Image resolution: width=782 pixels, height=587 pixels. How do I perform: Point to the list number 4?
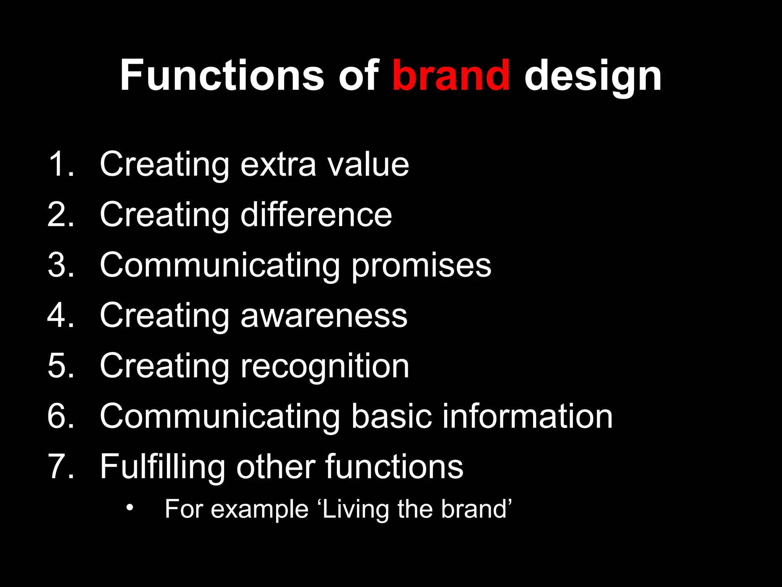(60, 315)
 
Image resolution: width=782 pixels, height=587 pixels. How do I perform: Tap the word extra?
(278, 165)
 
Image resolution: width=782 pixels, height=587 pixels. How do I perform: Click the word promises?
(421, 266)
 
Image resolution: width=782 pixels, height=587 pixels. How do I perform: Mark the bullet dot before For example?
(130, 508)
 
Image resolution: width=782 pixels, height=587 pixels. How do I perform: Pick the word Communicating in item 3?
(220, 266)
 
